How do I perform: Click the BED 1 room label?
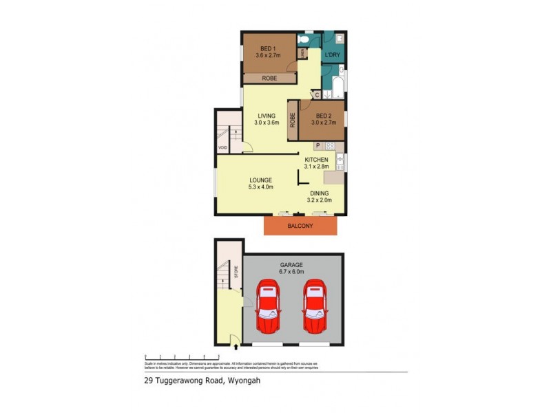tap(266, 48)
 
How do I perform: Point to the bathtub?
tap(337, 86)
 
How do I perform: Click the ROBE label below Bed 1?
tap(269, 78)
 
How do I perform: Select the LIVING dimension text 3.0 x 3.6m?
tap(267, 123)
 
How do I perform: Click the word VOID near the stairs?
tap(222, 147)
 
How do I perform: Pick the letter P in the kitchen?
tap(318, 146)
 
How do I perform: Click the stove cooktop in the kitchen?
tap(330, 146)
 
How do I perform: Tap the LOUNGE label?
tap(260, 180)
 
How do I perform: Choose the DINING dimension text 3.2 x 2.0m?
tap(319, 200)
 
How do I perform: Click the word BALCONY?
tap(300, 226)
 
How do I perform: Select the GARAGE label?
tap(291, 264)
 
